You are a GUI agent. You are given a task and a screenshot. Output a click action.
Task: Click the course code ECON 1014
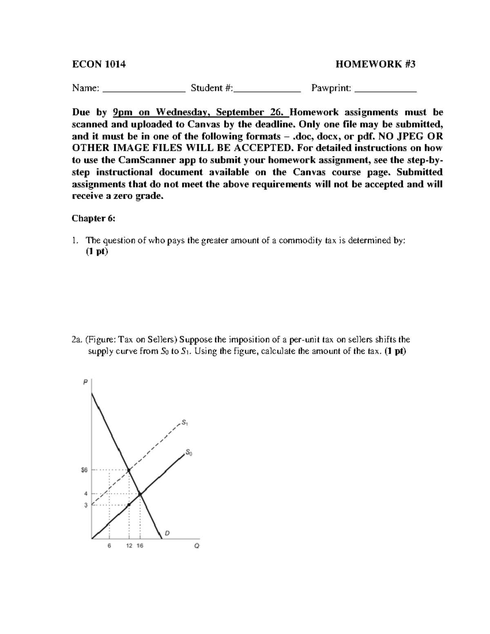[x=98, y=64]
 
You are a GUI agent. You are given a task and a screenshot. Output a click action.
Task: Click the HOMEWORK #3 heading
[x=375, y=64]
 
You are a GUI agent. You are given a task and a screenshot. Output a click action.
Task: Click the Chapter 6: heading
[x=94, y=218]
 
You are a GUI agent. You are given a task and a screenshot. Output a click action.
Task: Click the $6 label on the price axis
[x=84, y=470]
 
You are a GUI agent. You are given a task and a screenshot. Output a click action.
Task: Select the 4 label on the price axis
[x=86, y=494]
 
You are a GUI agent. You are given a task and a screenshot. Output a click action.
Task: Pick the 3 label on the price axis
[x=86, y=505]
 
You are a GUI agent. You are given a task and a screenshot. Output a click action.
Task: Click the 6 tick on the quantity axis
[x=109, y=546]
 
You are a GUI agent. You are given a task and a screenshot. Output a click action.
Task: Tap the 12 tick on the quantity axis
[x=129, y=546]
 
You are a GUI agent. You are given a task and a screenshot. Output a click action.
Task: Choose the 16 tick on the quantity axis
[x=140, y=546]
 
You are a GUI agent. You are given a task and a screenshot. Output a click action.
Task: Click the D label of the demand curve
[x=167, y=533]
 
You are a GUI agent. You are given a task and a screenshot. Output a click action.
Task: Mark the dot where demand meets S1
[x=129, y=470]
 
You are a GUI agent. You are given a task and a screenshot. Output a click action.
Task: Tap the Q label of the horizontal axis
[x=197, y=546]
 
